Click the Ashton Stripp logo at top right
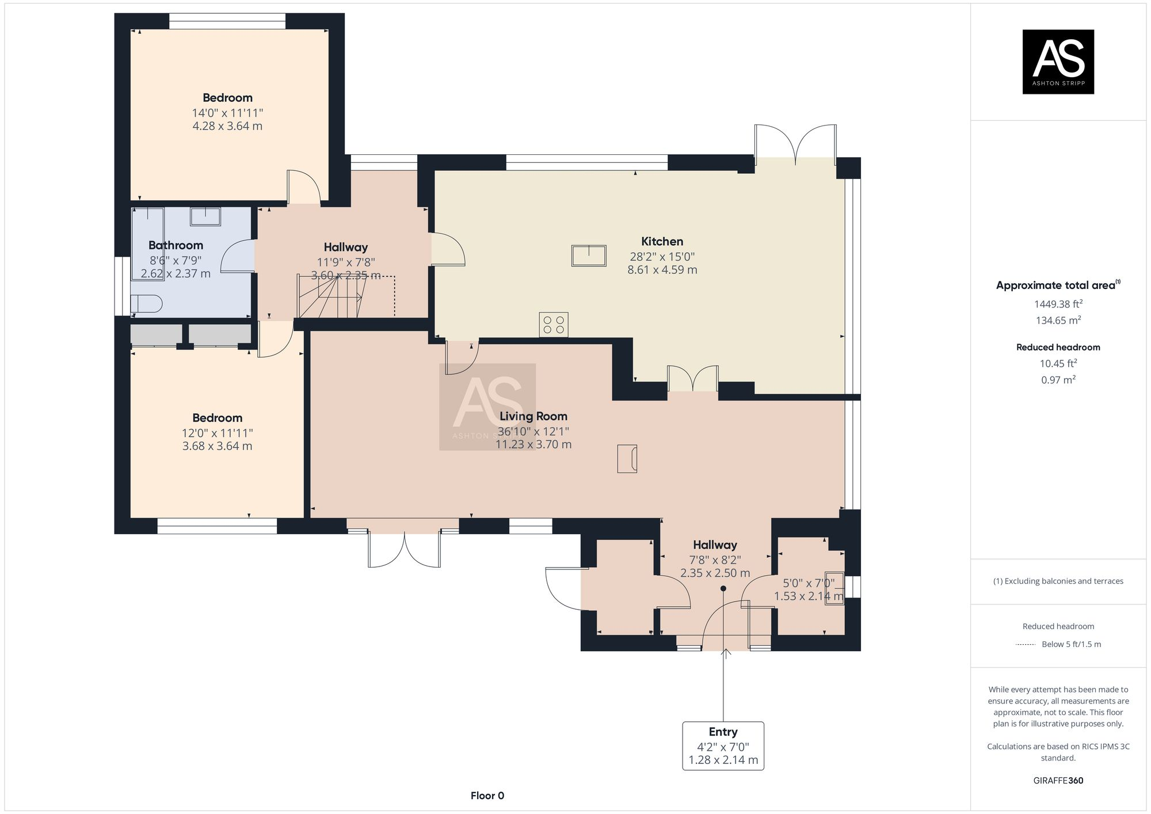pos(1058,62)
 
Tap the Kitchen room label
pos(662,241)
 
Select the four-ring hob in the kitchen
pos(554,325)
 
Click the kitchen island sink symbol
pos(589,256)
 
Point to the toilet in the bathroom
pos(145,303)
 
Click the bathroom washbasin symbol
pos(205,216)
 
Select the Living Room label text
pos(533,416)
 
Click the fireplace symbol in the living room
pos(627,459)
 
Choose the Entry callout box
pos(723,745)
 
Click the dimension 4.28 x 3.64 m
pos(227,126)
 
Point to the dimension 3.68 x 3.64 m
pos(217,446)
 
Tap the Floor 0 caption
pos(487,796)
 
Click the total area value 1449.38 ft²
pos(1058,304)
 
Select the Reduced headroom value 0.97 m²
pos(1058,380)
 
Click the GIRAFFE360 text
pos(1058,781)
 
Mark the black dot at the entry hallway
pos(723,588)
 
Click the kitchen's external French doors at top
pos(795,144)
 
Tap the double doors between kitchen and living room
pos(693,379)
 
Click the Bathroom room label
pos(176,245)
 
